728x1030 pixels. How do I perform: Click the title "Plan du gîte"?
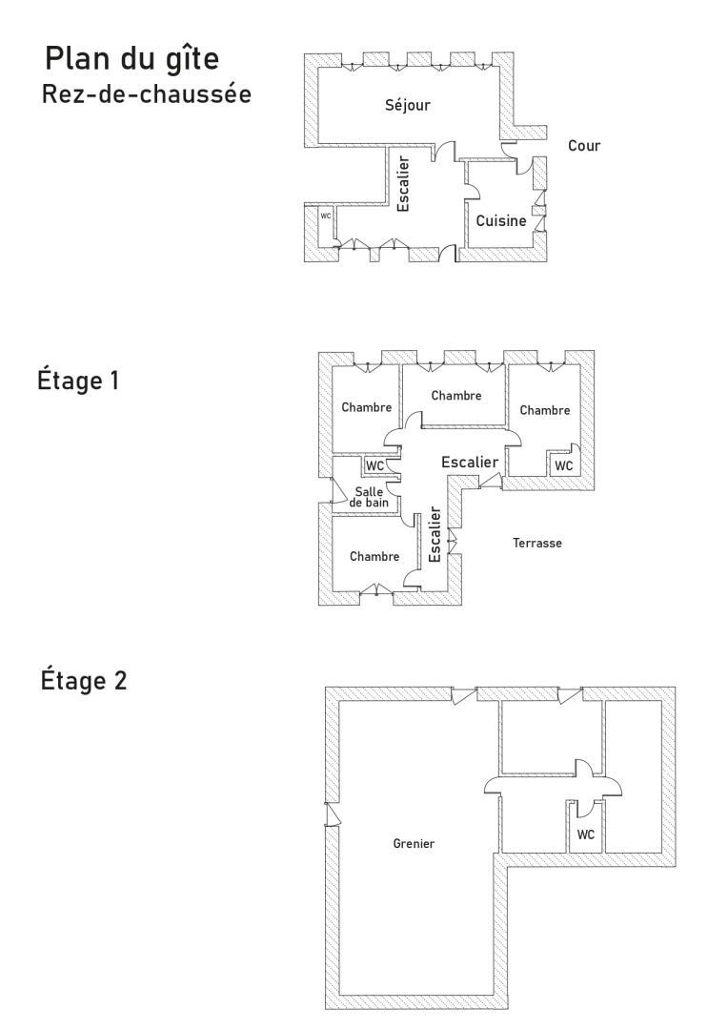131,59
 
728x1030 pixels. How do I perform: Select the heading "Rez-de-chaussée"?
147,93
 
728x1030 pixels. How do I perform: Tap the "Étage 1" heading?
78,381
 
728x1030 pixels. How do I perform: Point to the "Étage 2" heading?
83,680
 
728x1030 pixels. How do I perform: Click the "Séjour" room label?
408,105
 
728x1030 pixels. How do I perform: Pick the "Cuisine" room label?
501,220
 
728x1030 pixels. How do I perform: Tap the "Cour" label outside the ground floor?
584,145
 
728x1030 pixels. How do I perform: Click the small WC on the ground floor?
326,216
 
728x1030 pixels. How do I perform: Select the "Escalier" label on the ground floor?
404,183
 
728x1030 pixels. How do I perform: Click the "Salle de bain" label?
369,497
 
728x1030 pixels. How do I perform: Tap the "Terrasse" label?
537,544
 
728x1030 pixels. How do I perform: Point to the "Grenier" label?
414,843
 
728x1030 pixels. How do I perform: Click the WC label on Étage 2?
586,834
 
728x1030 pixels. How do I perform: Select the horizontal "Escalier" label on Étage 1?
470,463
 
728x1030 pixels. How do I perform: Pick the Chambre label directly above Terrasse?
545,410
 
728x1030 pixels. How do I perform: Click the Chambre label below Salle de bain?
374,556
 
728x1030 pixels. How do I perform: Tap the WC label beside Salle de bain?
374,465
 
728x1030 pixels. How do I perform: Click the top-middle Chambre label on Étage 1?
456,396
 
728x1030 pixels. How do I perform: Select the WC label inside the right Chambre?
564,465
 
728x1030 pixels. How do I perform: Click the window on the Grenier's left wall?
333,814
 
